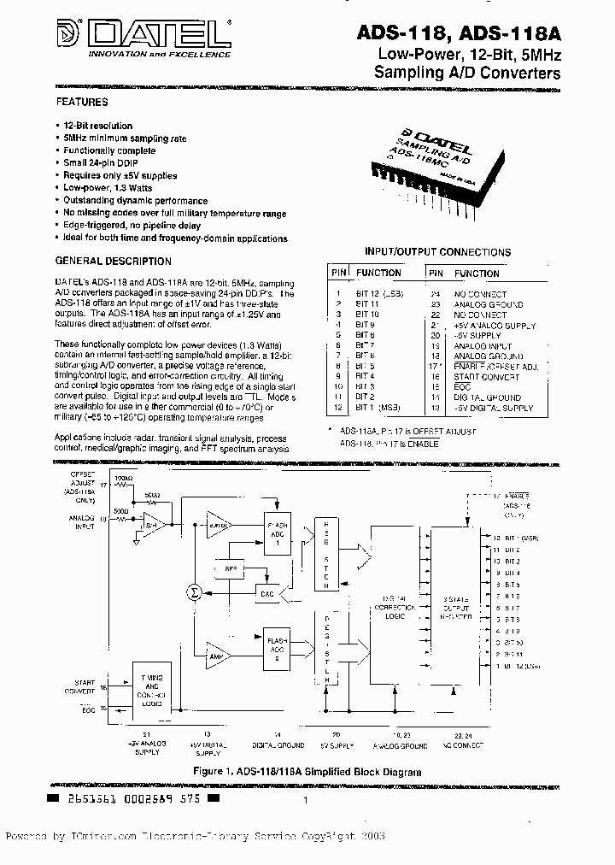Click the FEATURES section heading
pos(82,102)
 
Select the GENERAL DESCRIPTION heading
pos(114,262)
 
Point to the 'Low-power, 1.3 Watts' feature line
pos(108,187)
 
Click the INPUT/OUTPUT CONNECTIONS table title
pos(438,252)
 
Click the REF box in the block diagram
pos(229,568)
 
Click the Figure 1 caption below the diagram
pos(307,771)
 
